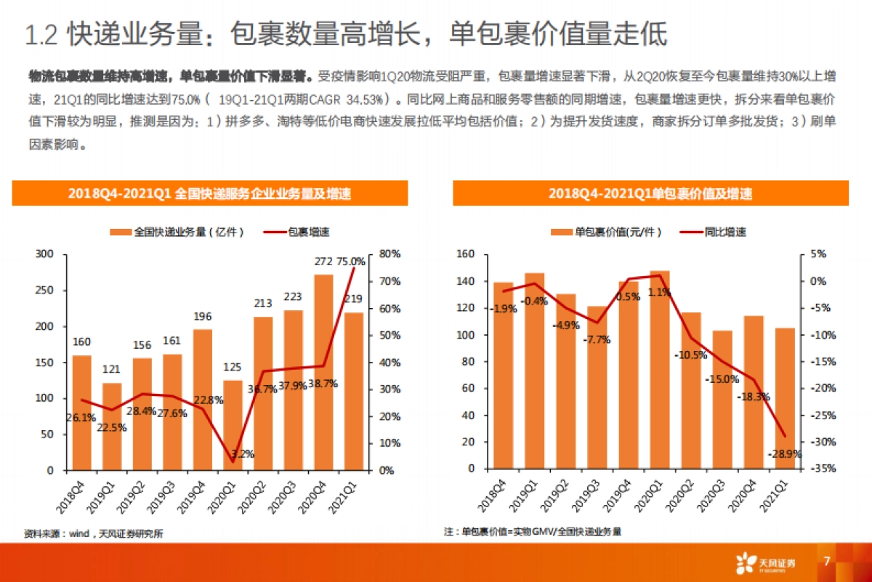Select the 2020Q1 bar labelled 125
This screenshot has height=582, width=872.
(x=233, y=425)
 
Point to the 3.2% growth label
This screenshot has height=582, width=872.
(x=242, y=454)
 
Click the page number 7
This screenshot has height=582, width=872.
(x=826, y=561)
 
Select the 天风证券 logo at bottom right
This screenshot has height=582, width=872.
(x=767, y=562)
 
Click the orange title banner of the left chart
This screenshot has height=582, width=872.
(x=209, y=193)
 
